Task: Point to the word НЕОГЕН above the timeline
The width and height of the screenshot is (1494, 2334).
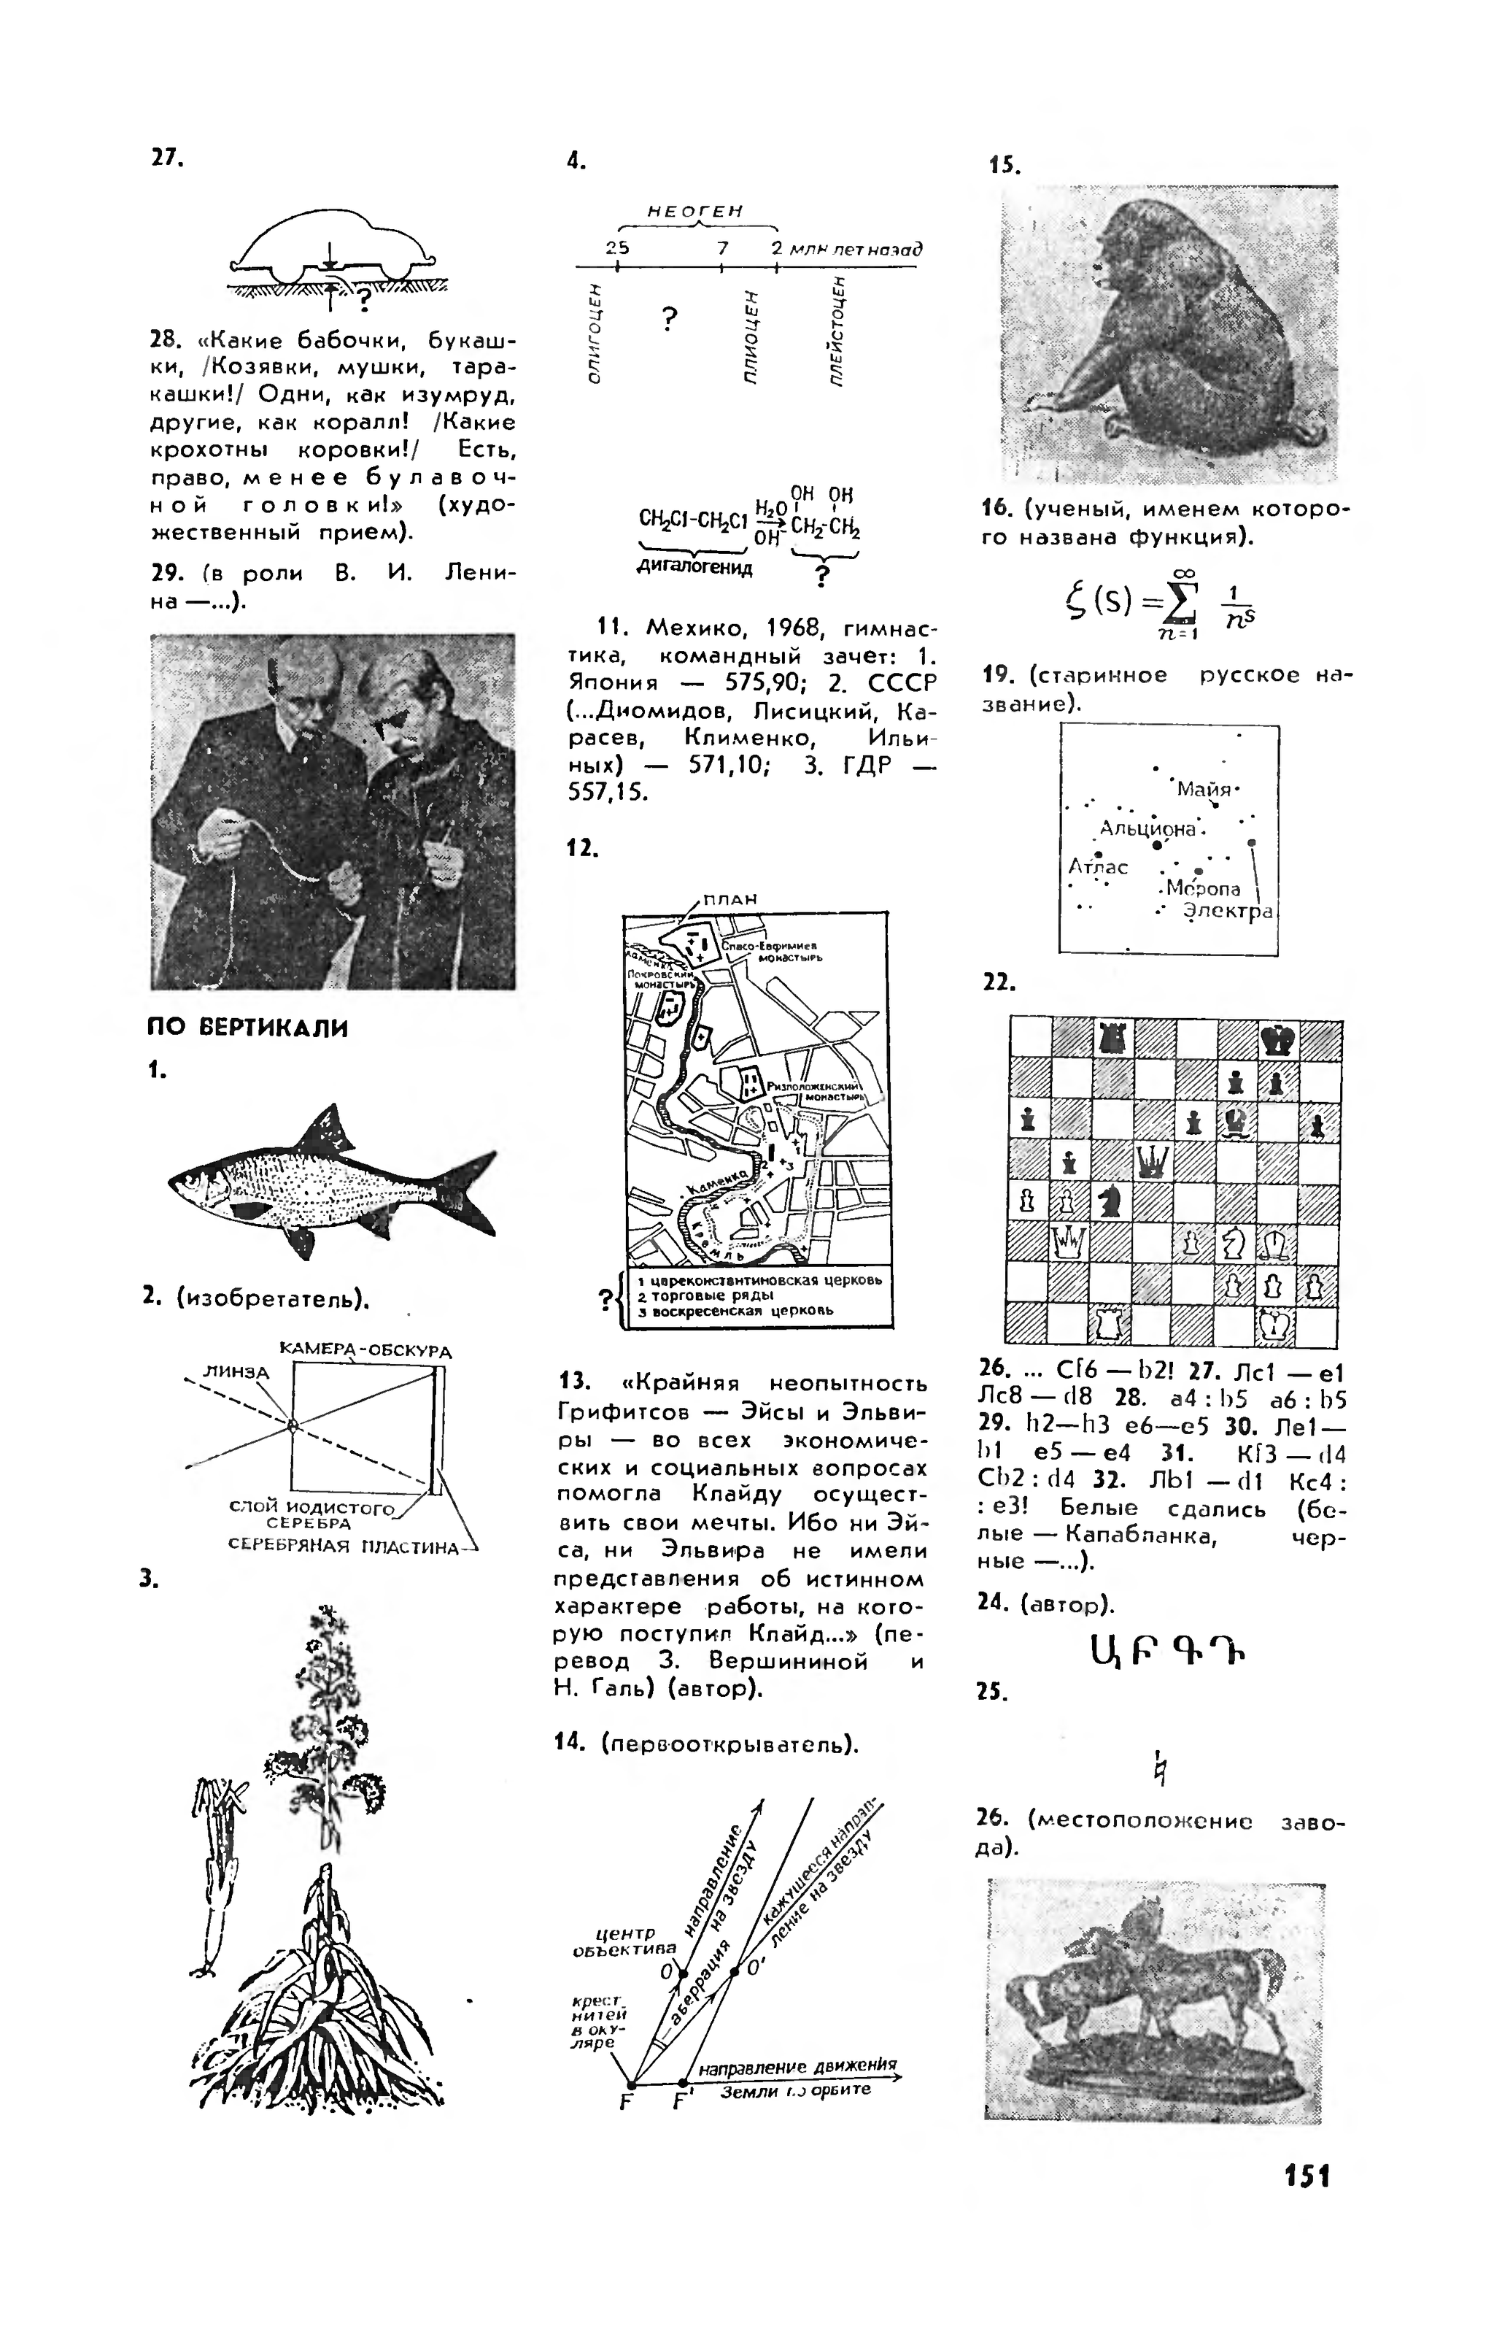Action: tap(694, 211)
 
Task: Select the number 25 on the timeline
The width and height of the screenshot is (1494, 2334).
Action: tap(617, 247)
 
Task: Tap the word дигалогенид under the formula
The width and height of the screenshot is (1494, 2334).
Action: tap(694, 568)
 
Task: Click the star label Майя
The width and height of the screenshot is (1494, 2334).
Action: tap(1202, 789)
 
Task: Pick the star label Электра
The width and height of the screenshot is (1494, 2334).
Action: tap(1227, 912)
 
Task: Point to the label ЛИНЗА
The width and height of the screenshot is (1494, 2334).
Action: tap(236, 1371)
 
